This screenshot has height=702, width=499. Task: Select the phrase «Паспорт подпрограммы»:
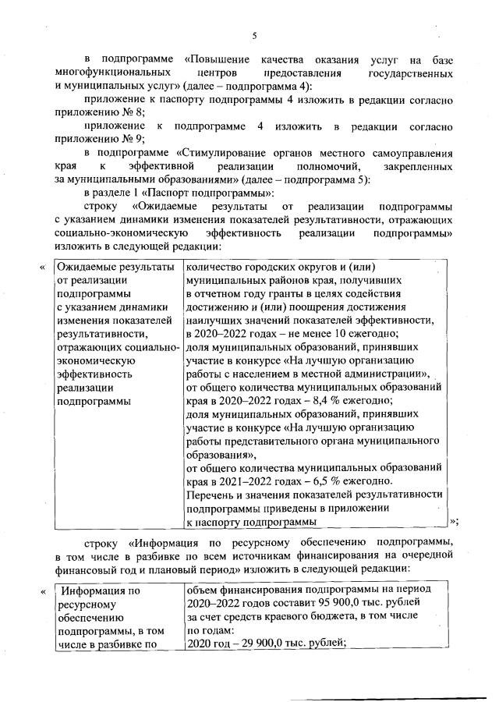(x=212, y=193)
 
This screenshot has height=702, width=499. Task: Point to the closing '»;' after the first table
(x=455, y=522)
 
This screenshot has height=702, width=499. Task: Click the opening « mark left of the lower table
(x=43, y=591)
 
